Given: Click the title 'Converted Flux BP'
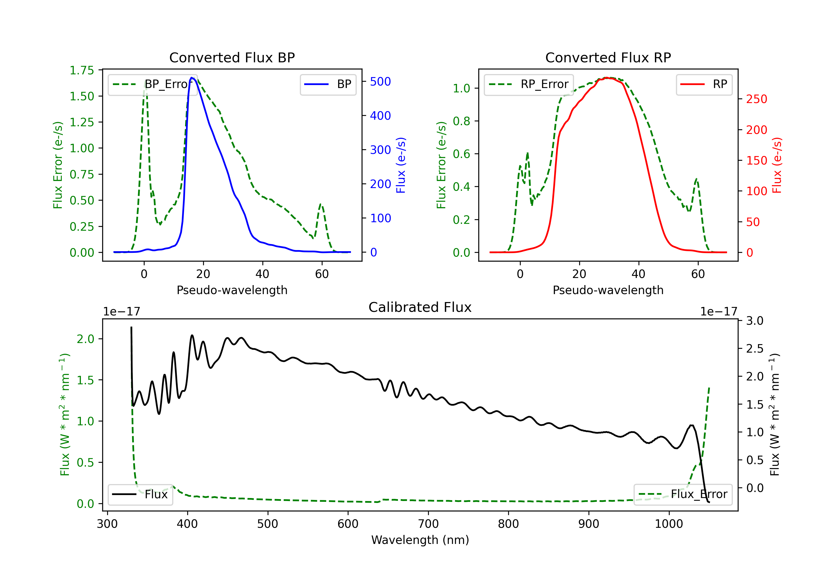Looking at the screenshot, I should point(232,57).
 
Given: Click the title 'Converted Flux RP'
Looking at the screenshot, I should point(608,57).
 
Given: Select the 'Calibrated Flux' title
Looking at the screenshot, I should point(420,307).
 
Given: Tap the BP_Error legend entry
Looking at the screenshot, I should point(153,84).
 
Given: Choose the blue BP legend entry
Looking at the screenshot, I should point(328,84).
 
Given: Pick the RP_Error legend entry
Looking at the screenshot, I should point(529,84).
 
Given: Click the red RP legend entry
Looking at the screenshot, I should point(704,84).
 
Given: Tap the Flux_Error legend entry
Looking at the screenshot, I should point(683,494).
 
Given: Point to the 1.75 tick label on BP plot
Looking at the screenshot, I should point(82,70).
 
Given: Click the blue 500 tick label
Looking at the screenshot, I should point(380,81).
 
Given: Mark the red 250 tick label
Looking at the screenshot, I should point(756,99).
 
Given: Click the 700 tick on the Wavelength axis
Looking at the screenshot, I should point(428,524).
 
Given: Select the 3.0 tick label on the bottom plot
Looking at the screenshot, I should point(755,321).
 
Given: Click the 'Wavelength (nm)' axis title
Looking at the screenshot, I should point(420,540).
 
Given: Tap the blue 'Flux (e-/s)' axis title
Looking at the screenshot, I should point(401,165).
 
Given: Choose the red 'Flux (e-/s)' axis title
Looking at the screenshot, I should point(777,165).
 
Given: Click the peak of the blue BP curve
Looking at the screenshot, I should point(192,78).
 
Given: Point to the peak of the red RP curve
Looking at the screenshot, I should point(607,78).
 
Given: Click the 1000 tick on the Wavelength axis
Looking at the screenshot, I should point(669,524).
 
